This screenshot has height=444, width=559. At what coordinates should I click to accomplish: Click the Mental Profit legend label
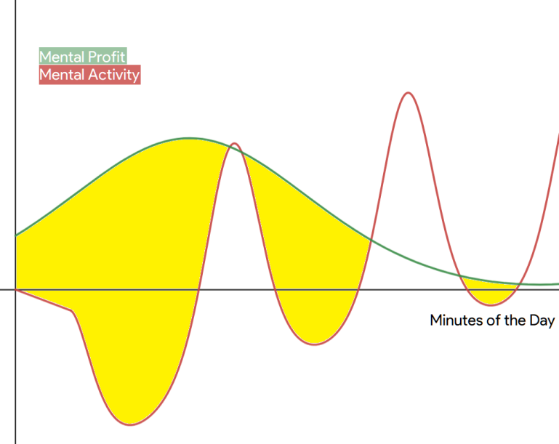[82, 57]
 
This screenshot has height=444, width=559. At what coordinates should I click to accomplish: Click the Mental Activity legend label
[89, 75]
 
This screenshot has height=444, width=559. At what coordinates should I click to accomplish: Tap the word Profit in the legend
[106, 57]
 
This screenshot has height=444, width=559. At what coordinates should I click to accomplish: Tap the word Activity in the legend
[113, 75]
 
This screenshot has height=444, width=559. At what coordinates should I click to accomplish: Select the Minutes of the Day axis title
[492, 320]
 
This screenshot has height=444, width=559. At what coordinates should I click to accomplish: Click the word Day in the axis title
[542, 320]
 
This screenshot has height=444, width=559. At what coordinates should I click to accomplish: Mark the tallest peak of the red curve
[408, 93]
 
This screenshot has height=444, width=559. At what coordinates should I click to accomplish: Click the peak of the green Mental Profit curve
[189, 138]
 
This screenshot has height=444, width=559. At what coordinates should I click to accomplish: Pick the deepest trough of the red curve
[130, 425]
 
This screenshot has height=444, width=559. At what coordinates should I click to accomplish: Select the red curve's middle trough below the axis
[315, 344]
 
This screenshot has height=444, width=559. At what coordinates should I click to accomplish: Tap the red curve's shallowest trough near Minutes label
[491, 305]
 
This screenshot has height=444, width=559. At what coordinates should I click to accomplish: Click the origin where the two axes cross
[16, 290]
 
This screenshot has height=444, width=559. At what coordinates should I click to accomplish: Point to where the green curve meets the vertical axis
[16, 235]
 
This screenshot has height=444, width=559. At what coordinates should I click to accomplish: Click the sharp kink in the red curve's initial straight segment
[73, 312]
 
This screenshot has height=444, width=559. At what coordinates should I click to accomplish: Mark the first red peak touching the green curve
[234, 143]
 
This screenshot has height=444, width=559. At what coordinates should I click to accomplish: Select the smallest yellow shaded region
[490, 291]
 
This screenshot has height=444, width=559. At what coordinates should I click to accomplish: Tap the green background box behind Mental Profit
[83, 56]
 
